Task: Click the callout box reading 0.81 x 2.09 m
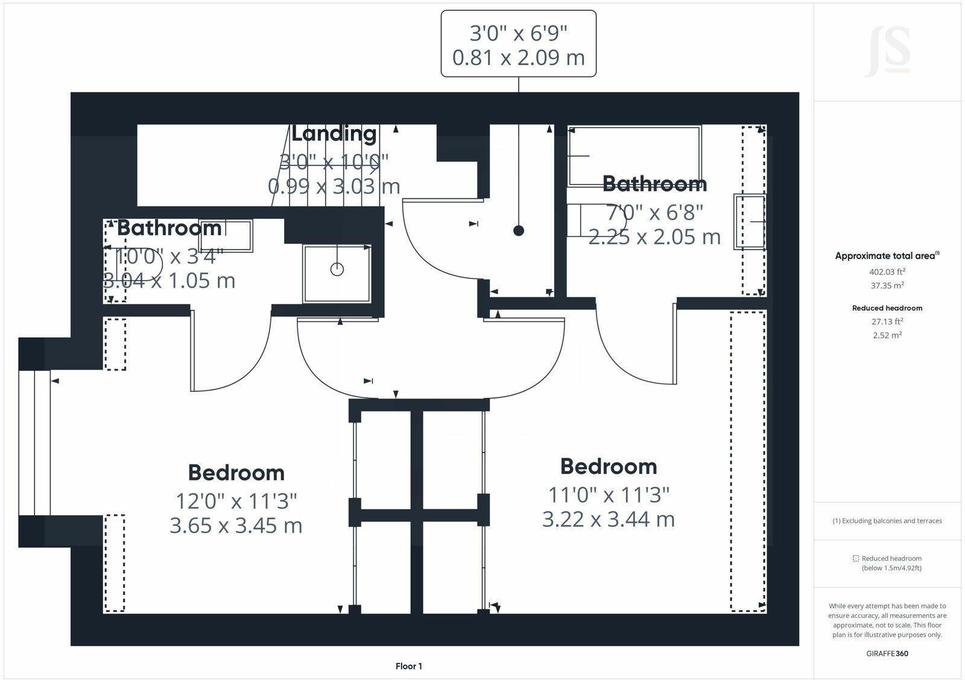pos(519,44)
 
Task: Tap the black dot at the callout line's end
pos(519,230)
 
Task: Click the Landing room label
pos(334,133)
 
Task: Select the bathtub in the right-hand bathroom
pos(634,156)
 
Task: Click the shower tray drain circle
pos(337,269)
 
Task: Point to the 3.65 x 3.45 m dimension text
pos(236,525)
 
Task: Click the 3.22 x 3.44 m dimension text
pos(608,519)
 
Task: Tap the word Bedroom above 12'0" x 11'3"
pos(236,473)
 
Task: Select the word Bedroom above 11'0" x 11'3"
pos(608,466)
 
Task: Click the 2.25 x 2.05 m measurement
pos(654,237)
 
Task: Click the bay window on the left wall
pos(34,442)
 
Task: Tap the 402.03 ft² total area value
pos(887,272)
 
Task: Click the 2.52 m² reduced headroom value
pos(887,335)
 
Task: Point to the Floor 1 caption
pos(408,666)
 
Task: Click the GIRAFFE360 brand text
pos(887,653)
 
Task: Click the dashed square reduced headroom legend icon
pos(855,558)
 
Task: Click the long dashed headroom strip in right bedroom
pos(748,461)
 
